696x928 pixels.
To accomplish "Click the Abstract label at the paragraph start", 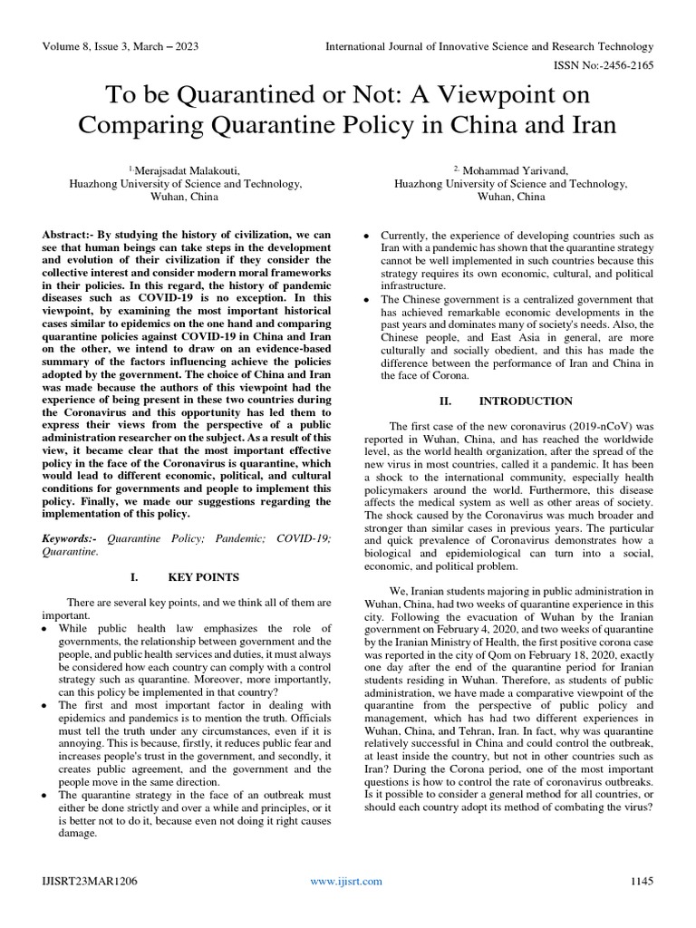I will point(70,234).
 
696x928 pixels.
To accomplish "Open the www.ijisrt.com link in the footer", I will point(346,880).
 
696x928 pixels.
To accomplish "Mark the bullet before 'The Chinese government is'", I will point(365,299).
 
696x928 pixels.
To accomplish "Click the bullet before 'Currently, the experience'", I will point(365,235).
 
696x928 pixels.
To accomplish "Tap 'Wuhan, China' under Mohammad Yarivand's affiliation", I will point(510,196).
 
